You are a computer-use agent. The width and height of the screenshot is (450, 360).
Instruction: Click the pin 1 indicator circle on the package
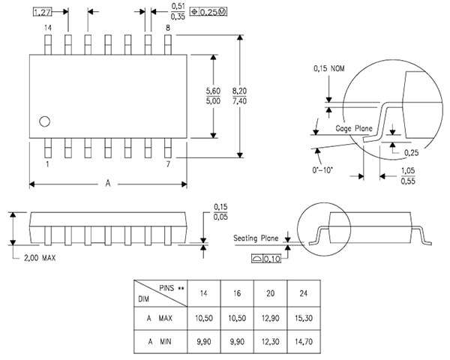coord(45,120)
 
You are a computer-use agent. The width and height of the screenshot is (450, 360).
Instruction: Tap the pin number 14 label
coord(48,28)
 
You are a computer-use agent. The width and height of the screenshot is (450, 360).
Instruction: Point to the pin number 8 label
coord(168,28)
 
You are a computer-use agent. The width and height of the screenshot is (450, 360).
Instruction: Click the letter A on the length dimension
coord(108,183)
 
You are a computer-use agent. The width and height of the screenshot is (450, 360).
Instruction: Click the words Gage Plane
coord(355,129)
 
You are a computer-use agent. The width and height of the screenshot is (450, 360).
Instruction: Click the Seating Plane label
coord(255,238)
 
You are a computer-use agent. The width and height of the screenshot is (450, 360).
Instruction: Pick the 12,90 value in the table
coord(267,318)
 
